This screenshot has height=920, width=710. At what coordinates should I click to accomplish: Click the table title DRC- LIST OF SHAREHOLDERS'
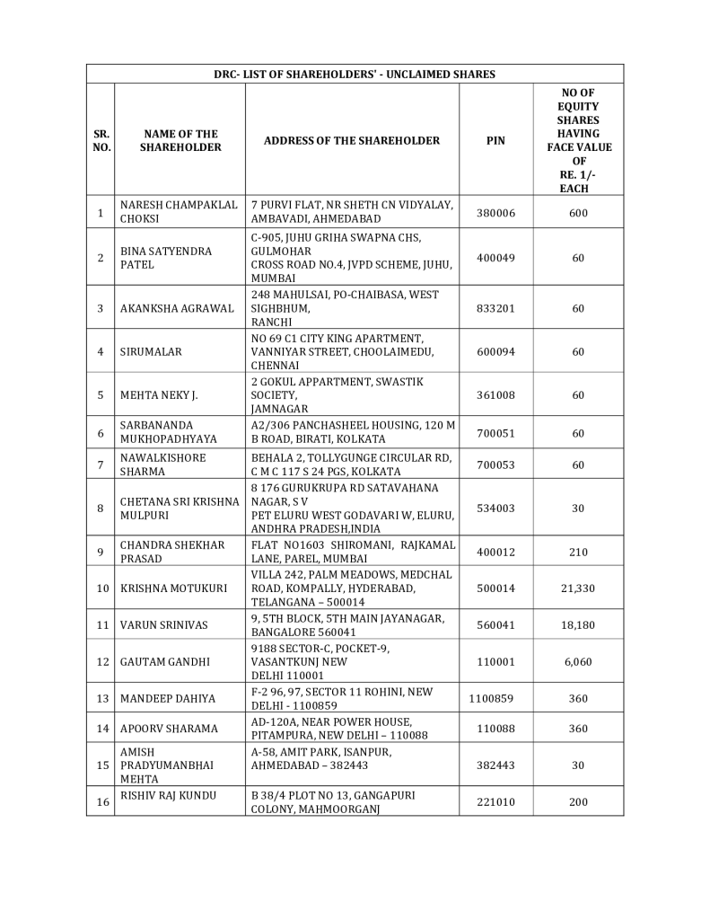pos(355,74)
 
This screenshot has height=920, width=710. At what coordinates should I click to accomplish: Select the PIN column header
pos(495,140)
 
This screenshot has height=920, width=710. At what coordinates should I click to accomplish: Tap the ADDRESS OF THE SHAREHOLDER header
pos(352,140)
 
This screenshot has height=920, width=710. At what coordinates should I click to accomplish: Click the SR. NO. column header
pos(101,140)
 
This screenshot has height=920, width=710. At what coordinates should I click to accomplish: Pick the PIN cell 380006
pos(495,212)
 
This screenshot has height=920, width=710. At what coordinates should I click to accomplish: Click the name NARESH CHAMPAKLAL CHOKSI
pos(179,212)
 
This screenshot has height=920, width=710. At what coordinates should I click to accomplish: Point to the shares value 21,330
pos(578,588)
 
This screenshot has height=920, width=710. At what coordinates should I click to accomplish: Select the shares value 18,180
pos(578,624)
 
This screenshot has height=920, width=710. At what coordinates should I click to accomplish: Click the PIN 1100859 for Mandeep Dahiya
pos(495,698)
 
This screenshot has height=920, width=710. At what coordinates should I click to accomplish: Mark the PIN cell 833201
pos(495,308)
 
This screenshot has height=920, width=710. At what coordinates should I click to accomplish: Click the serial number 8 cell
pos(101,508)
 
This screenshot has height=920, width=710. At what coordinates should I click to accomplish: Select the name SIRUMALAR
pos(151,351)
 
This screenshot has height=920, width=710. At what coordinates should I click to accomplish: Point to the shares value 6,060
pos(578,661)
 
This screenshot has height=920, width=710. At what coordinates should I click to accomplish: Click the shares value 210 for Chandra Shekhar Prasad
pos(578,552)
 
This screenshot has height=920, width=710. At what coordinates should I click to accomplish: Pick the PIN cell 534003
pos(495,508)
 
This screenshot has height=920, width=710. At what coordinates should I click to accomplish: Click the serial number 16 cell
pos(101,801)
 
